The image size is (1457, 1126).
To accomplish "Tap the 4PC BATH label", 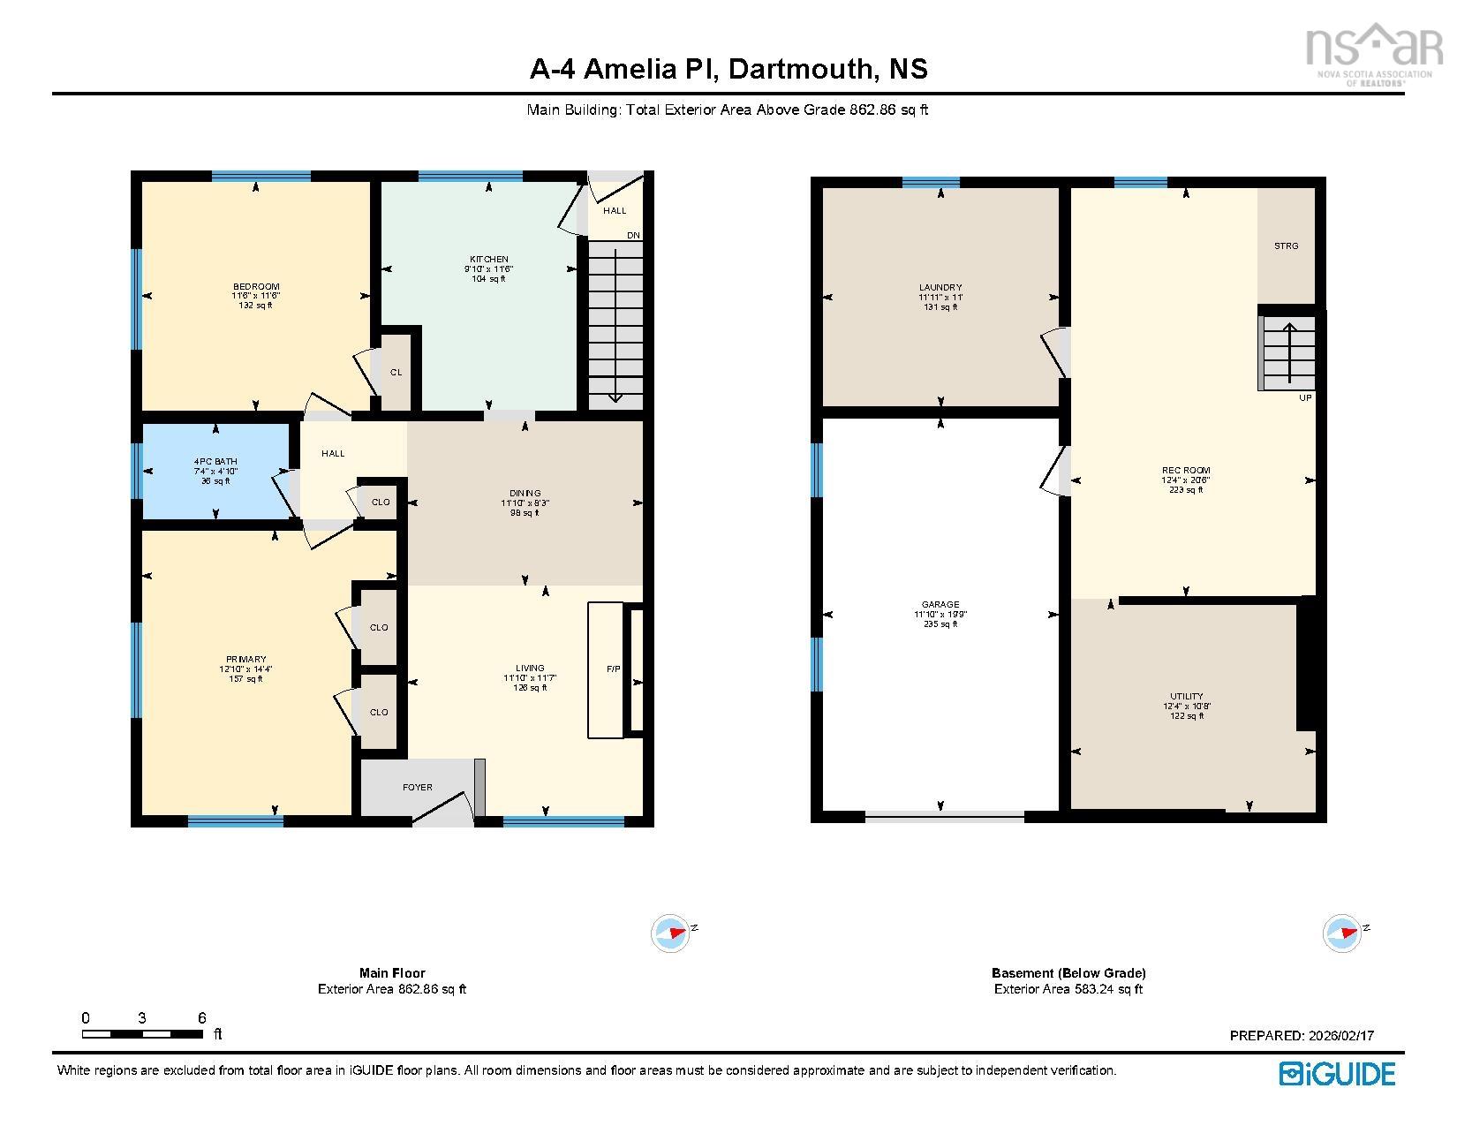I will pos(215,461).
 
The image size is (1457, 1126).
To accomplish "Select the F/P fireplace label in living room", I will pos(613,669).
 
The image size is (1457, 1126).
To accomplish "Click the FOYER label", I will pos(418,787).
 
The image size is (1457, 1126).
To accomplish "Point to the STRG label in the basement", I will pos(1286,246).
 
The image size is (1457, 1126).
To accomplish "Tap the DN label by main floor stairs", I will pos(633,235).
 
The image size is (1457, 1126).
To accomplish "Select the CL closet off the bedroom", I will pos(396,372).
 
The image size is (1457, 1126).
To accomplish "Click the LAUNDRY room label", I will pos(940,287).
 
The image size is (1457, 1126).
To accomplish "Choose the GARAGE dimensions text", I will pos(940,615).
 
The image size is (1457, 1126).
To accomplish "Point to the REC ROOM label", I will pos(1186,470).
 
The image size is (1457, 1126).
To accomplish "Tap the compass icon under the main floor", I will pos(670,933).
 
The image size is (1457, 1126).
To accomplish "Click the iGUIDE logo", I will pos(1337,1073).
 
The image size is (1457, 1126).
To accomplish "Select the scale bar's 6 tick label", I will pos(201,1017).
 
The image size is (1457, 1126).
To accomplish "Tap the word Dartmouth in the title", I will pos(799,69).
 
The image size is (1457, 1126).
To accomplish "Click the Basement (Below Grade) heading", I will pos(1068,972).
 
